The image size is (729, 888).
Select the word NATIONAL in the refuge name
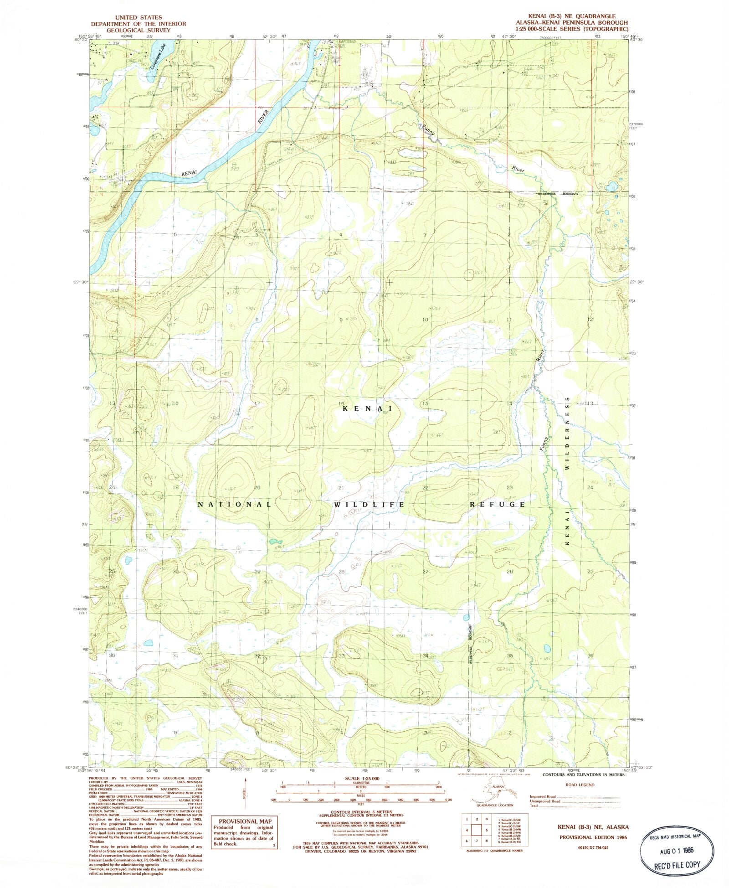[x=235, y=505]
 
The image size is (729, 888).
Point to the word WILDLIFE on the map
[x=370, y=505]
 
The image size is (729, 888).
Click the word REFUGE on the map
[x=498, y=505]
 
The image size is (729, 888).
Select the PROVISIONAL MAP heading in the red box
[x=245, y=821]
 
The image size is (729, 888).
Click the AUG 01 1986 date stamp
[x=676, y=851]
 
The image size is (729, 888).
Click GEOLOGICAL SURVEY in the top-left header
[x=139, y=30]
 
